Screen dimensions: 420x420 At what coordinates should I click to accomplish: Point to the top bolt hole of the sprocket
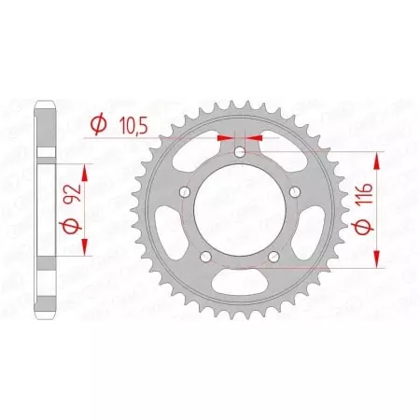click(240, 152)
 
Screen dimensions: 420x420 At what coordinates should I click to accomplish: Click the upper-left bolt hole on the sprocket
click(185, 192)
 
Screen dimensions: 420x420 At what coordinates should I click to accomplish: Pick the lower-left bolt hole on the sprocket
click(206, 257)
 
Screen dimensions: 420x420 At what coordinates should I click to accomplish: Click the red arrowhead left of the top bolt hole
click(224, 137)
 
